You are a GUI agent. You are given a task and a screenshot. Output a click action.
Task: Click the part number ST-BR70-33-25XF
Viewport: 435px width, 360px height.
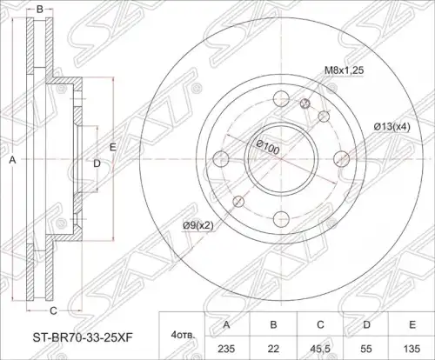click(83, 337)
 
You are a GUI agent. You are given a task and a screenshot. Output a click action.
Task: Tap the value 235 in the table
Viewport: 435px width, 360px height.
click(226, 348)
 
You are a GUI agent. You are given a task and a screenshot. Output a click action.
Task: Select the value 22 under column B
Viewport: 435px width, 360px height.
click(273, 348)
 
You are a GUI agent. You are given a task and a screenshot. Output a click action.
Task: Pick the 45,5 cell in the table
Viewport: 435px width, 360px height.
click(320, 349)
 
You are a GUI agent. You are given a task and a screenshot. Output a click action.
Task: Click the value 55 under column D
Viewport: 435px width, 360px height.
click(366, 348)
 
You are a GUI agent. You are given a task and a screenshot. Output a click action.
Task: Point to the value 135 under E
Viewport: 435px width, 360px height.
click(412, 348)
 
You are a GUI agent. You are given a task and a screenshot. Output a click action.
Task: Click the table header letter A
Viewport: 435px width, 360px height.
click(226, 324)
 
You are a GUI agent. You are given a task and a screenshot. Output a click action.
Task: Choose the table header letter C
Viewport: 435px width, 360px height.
click(320, 324)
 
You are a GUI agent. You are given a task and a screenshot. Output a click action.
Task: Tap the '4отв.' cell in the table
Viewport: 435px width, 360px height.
click(183, 336)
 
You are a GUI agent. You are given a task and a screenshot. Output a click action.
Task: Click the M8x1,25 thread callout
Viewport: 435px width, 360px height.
click(344, 70)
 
